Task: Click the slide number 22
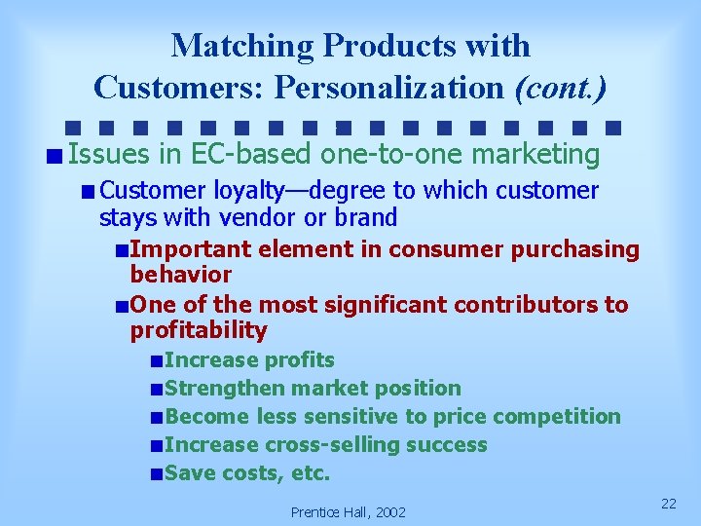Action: (x=668, y=503)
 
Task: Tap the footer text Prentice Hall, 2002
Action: (x=349, y=511)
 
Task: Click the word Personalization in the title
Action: (x=390, y=88)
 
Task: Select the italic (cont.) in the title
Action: (x=560, y=88)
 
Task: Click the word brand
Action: (x=366, y=217)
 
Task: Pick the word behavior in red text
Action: (x=181, y=275)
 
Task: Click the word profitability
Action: (x=199, y=330)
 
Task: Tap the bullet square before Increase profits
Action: (x=157, y=361)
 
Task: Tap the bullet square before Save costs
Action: (x=157, y=474)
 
